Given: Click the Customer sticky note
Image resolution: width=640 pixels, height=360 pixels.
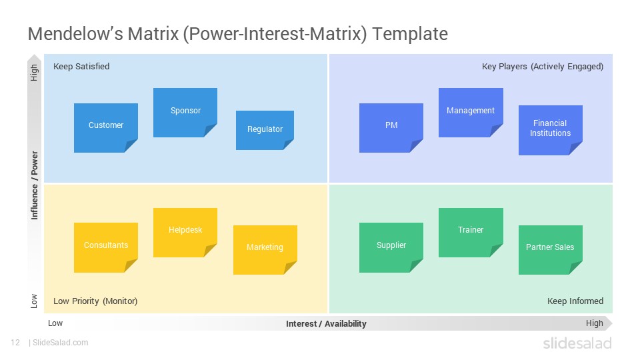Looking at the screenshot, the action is tap(106, 128).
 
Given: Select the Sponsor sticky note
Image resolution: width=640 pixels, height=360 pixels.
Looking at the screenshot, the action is tap(185, 113).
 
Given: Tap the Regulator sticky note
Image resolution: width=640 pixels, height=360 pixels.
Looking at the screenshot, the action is tap(265, 130).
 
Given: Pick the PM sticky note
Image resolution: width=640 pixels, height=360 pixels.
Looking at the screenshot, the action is tap(391, 128).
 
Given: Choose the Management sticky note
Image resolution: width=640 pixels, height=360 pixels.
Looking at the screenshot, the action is tap(471, 113).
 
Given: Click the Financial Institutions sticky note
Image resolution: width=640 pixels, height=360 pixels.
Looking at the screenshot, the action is tap(550, 130).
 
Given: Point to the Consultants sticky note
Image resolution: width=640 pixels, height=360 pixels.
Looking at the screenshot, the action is tap(106, 247).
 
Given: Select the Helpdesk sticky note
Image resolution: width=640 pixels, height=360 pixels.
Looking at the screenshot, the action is tap(185, 233).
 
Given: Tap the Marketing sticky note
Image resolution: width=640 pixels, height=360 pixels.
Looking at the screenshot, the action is tap(265, 250).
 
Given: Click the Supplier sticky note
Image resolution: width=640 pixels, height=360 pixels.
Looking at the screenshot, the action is tap(391, 247).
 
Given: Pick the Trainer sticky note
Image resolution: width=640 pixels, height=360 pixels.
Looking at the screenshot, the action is tap(471, 233).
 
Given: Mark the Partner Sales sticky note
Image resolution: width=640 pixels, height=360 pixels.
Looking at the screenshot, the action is tap(550, 250).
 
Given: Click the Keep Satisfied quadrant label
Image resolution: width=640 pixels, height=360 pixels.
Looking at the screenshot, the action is tap(81, 67).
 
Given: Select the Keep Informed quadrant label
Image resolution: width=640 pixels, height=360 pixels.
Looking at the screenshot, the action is tap(575, 301).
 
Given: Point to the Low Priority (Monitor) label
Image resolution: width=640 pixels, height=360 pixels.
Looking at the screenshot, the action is tap(95, 301).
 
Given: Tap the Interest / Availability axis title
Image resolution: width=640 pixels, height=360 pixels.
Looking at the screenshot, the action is tap(326, 324).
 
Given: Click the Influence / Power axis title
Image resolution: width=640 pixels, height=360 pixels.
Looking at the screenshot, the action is tap(35, 185).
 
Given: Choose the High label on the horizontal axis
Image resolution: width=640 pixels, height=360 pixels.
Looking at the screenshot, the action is tap(594, 323).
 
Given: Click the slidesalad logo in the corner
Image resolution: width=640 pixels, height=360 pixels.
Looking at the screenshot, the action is tap(577, 343).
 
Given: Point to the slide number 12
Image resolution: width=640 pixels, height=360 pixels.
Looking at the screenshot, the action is tap(15, 343).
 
